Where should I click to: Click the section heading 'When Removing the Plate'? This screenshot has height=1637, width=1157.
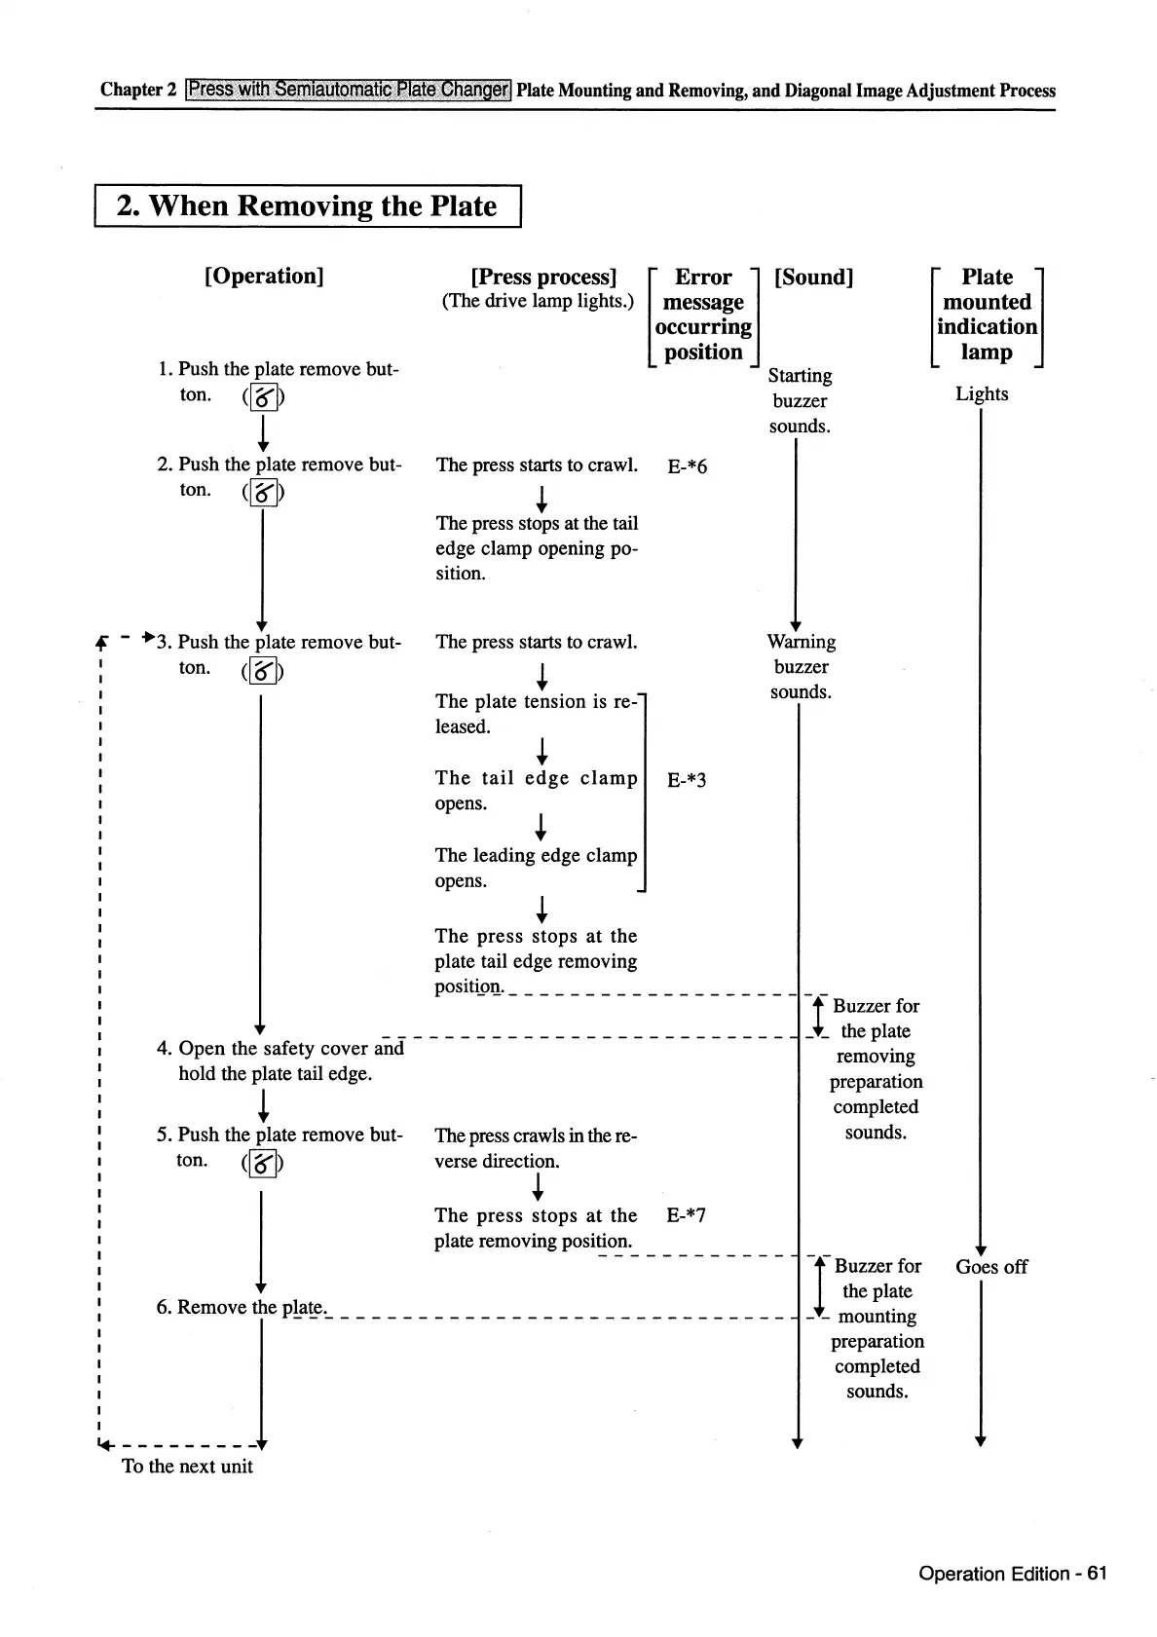click(307, 205)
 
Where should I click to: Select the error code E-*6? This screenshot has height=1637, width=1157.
click(687, 466)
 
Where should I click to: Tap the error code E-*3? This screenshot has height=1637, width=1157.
click(687, 779)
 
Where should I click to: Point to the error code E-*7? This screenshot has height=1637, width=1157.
click(686, 1214)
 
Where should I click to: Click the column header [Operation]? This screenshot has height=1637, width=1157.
click(264, 276)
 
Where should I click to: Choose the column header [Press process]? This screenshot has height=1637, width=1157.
click(543, 277)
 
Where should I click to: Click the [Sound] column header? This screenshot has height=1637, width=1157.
click(813, 277)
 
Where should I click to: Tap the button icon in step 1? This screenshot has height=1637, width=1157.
click(263, 397)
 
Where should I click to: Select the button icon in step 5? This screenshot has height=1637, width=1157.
click(263, 1163)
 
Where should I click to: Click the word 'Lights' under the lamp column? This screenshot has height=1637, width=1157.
click(981, 393)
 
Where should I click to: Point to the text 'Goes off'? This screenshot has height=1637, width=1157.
click(990, 1266)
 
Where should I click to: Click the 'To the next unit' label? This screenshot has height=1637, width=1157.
click(187, 1466)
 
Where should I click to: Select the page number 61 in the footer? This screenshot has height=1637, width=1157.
click(1097, 1574)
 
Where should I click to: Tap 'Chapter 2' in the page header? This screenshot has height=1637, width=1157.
click(138, 90)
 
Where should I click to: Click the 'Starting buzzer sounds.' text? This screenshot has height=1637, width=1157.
click(800, 400)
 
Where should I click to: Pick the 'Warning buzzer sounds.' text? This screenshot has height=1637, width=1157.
click(801, 666)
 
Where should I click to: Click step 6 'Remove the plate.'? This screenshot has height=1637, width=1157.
click(242, 1307)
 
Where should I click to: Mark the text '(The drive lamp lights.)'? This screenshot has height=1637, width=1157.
click(538, 301)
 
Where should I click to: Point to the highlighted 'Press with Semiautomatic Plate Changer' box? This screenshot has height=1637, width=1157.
click(349, 90)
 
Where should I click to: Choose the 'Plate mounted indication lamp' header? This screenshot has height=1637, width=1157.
click(987, 315)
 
